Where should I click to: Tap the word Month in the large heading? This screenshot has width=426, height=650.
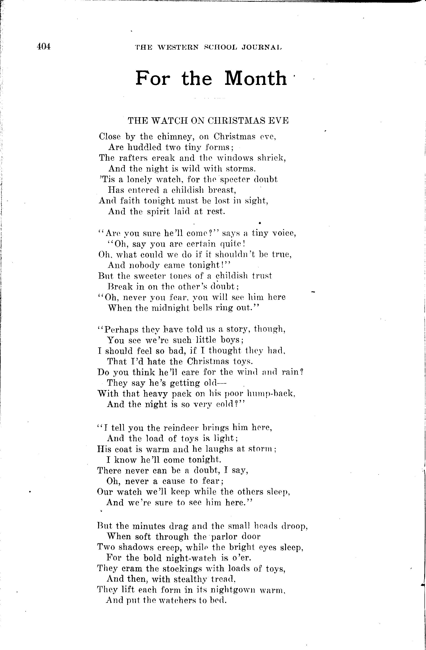tap(256, 78)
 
